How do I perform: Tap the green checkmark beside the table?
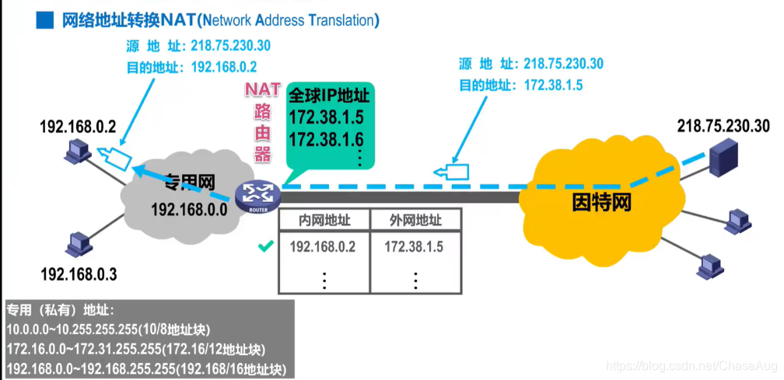click(x=266, y=247)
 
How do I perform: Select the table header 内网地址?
click(x=324, y=221)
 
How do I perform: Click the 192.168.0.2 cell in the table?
click(x=322, y=248)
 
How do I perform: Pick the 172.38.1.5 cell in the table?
click(x=414, y=248)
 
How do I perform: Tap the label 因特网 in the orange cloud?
click(x=600, y=204)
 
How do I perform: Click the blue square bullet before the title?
click(x=44, y=19)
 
